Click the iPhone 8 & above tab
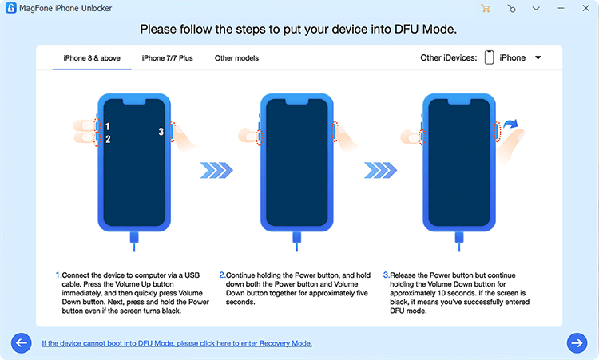(x=92, y=58)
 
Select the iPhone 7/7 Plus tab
(x=167, y=58)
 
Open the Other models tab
(x=236, y=58)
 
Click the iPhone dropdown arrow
(x=538, y=58)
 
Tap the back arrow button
(x=21, y=343)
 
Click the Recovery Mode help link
(x=177, y=343)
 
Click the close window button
(x=584, y=8)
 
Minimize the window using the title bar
(x=558, y=8)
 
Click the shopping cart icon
(x=485, y=8)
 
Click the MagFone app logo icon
(x=10, y=8)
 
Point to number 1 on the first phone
(x=107, y=127)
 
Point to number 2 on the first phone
(x=107, y=140)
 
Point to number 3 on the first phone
(x=161, y=132)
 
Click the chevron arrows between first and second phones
(x=216, y=169)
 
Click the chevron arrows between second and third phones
(x=380, y=169)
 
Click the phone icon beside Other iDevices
(x=489, y=58)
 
